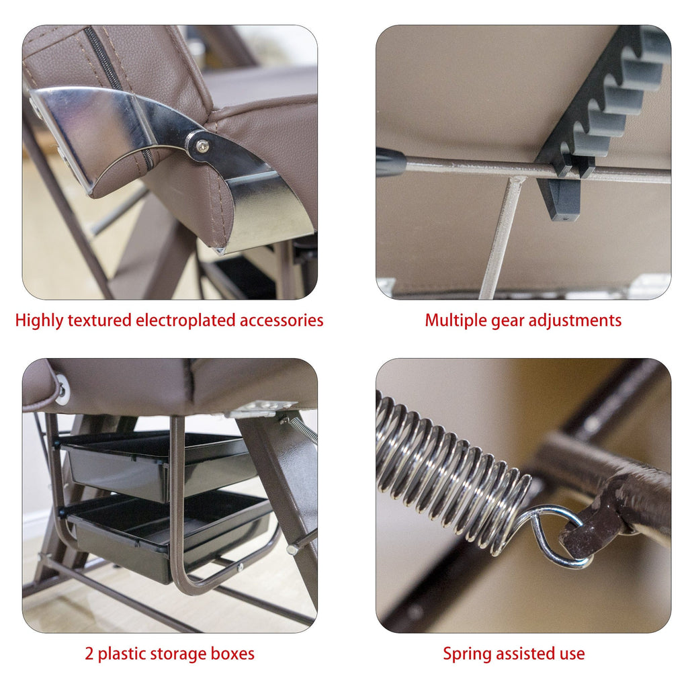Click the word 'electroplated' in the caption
[185, 320]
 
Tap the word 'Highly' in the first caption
[40, 320]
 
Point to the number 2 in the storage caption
[89, 654]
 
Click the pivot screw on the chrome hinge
[202, 146]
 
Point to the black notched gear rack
[601, 118]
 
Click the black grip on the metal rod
[390, 162]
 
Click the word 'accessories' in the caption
[282, 320]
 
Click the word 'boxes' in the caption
[232, 654]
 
